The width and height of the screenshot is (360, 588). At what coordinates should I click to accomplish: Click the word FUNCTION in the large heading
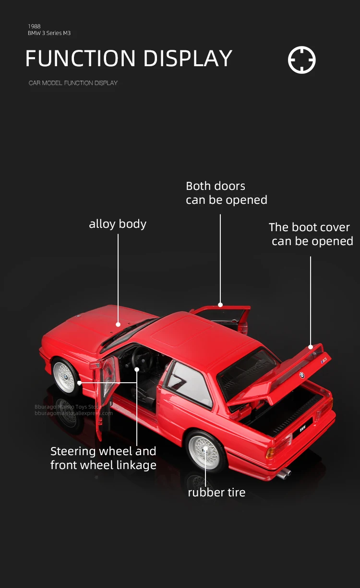pos(80,59)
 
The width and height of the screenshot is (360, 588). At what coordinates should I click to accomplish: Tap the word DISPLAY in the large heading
pos(187,59)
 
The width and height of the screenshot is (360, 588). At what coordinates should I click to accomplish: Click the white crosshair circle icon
pos(302,60)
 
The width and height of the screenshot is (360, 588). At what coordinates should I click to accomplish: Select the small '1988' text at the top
pos(34,26)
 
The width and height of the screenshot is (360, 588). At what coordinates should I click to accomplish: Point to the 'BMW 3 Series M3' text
pos(49,33)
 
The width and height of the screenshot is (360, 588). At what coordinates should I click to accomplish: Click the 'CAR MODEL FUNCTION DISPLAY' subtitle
pos(73,83)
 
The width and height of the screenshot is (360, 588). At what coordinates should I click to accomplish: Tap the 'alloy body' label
pos(118,224)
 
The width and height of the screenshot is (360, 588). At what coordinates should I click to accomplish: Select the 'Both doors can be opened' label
pos(226,193)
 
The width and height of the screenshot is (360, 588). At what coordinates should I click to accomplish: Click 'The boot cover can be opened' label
pos(311,234)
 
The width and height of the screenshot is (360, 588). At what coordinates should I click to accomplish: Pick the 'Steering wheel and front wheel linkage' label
pos(103,458)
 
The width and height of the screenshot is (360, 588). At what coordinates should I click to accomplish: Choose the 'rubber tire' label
pos(216,492)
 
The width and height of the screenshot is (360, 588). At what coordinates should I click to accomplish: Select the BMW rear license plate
pos(303,428)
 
